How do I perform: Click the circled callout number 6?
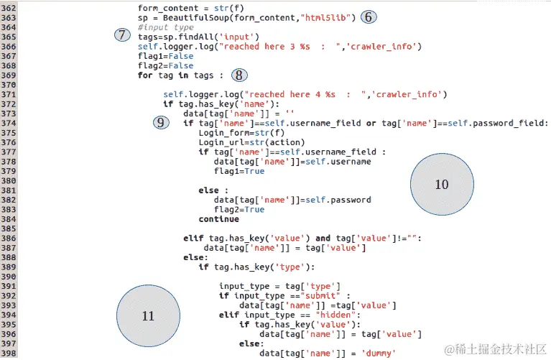(x=368, y=17)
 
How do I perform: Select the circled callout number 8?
(x=240, y=74)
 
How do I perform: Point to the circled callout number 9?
(x=162, y=123)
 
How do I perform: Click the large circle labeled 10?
(x=441, y=185)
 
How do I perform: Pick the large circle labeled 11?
(x=148, y=315)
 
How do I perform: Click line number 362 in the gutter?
(x=10, y=7)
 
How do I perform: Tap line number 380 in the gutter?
(x=10, y=181)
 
